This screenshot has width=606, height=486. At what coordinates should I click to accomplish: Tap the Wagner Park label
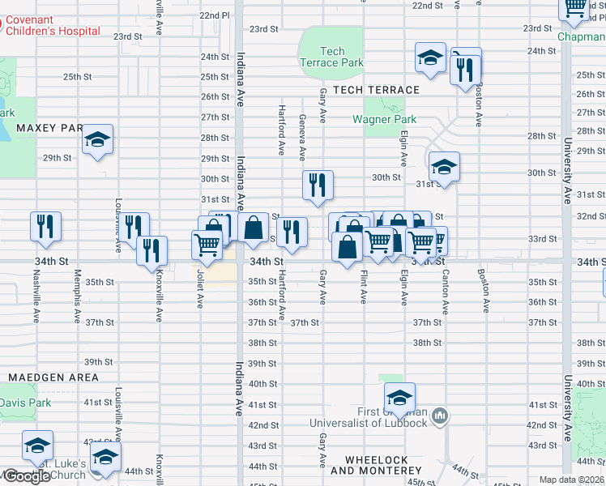[384, 119]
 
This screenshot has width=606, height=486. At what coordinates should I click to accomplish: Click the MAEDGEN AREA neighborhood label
[53, 377]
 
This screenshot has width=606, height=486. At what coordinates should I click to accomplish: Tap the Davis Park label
[25, 403]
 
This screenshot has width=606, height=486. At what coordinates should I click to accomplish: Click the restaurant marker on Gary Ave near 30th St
[318, 185]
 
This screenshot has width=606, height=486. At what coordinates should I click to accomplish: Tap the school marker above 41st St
[399, 398]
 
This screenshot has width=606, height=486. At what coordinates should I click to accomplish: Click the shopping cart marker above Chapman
[575, 7]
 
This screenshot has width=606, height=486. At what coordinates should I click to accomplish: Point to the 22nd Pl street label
[215, 15]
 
